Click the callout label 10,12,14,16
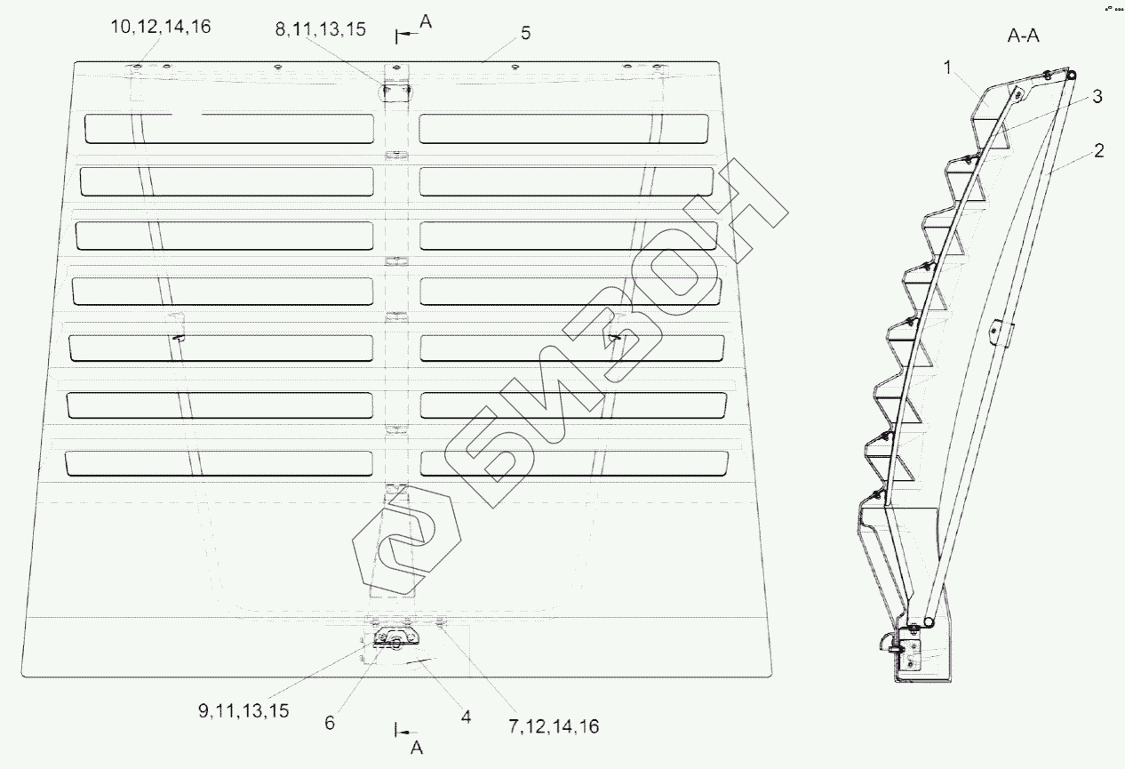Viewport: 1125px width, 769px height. coord(161,28)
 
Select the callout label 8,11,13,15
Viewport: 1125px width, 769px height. coord(320,28)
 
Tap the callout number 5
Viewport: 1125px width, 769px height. coord(525,33)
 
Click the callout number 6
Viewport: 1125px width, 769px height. coord(329,723)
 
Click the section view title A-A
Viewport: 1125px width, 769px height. coord(1023,36)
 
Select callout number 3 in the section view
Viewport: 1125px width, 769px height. coord(1097,97)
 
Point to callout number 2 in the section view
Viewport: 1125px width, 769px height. coord(1099,151)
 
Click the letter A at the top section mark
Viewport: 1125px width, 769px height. coord(425,24)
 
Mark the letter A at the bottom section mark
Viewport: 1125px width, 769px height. coord(418,749)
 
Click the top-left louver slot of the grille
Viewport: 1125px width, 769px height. coord(228,129)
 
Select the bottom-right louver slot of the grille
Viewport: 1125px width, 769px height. coord(574,462)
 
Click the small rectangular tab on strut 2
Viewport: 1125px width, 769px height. coord(1000,332)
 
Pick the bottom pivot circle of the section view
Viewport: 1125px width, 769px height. coord(927,623)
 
